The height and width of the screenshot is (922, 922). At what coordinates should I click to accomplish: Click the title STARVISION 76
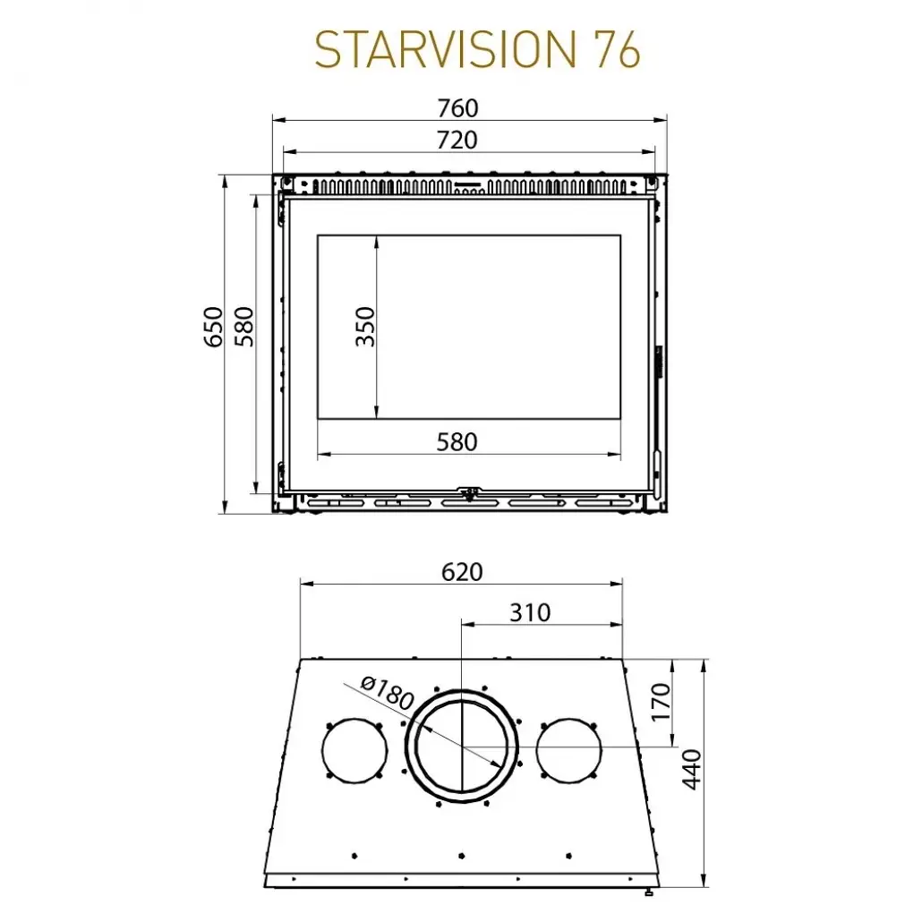coord(477,51)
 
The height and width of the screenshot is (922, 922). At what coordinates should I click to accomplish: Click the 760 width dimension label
coord(457,108)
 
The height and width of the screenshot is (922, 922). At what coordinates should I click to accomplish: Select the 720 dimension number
coord(457,141)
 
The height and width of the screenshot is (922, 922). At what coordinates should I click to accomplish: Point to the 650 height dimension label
coord(213,327)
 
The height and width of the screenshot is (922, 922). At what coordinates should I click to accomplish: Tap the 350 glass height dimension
coord(364,327)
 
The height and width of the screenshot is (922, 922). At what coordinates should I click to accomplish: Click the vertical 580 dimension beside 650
coord(244,327)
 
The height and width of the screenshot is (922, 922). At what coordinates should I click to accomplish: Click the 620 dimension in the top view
coord(461,572)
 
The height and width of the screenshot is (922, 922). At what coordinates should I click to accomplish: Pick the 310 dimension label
coord(531,613)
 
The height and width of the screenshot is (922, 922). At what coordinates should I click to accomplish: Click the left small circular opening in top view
coord(354,749)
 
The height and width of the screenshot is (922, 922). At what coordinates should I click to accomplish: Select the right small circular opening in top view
coord(568,748)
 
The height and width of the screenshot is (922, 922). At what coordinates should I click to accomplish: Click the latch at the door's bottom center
coord(468,491)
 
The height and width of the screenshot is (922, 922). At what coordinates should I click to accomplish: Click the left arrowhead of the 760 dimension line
coord(277,119)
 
